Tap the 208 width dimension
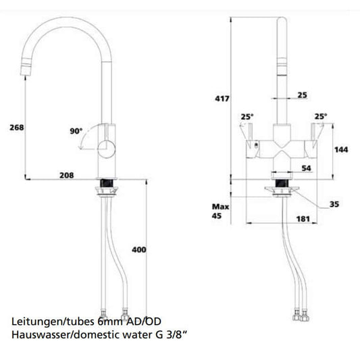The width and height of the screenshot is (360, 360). (66, 175)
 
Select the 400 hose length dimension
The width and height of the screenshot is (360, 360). (139, 250)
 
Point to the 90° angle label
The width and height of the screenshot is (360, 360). (76, 131)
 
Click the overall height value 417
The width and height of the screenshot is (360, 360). (221, 99)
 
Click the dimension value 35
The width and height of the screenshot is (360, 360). (334, 204)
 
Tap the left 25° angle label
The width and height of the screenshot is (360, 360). (247, 116)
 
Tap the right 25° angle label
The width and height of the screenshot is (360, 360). (319, 116)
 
